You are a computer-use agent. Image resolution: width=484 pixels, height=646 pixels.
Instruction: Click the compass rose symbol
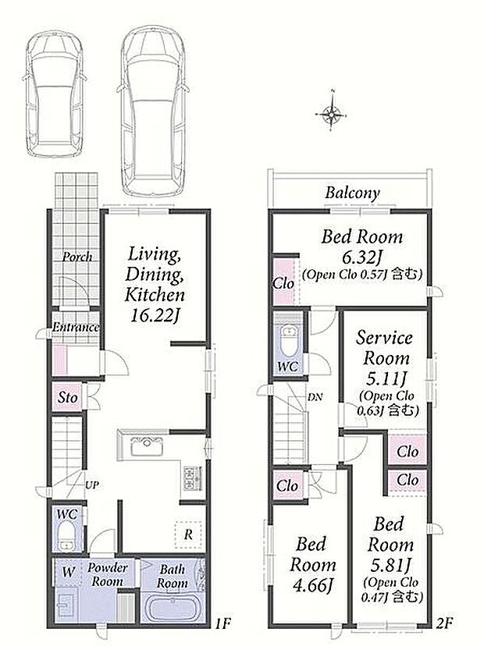click(331, 114)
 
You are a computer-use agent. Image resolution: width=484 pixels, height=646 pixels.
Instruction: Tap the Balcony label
click(352, 193)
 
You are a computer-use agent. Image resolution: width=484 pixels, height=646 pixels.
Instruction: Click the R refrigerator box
click(188, 534)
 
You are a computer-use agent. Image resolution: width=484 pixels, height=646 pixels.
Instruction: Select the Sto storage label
click(68, 398)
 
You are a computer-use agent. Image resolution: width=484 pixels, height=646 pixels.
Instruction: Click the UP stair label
click(92, 485)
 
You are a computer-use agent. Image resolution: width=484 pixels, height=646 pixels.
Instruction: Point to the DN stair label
click(315, 397)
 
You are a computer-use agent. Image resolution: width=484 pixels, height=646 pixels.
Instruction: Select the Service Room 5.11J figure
click(386, 378)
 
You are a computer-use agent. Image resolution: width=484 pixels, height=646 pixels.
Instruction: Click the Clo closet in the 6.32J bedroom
click(283, 283)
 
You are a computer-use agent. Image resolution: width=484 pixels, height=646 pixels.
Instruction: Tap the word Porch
click(77, 257)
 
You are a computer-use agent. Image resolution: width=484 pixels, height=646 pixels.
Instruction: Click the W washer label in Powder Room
click(69, 572)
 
